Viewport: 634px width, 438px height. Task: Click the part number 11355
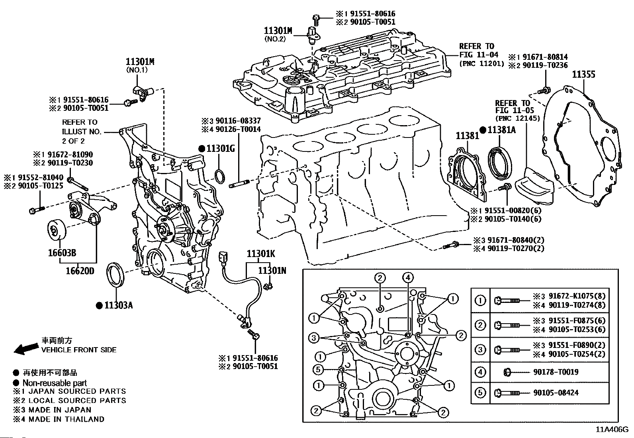click(583, 75)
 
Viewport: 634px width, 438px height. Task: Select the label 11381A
click(502, 130)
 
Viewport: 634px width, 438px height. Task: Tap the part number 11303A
click(118, 306)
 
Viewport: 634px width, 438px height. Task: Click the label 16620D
click(80, 271)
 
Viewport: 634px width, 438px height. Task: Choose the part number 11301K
click(260, 254)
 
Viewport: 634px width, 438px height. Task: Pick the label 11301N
click(272, 271)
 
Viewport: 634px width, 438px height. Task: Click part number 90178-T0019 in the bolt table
click(556, 372)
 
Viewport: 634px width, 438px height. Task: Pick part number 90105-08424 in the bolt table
click(556, 393)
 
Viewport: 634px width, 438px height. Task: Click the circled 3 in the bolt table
click(481, 350)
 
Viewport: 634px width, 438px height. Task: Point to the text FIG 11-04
click(476, 55)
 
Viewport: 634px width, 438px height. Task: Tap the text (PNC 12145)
click(517, 118)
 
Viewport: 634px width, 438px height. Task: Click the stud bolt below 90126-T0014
click(239, 184)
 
